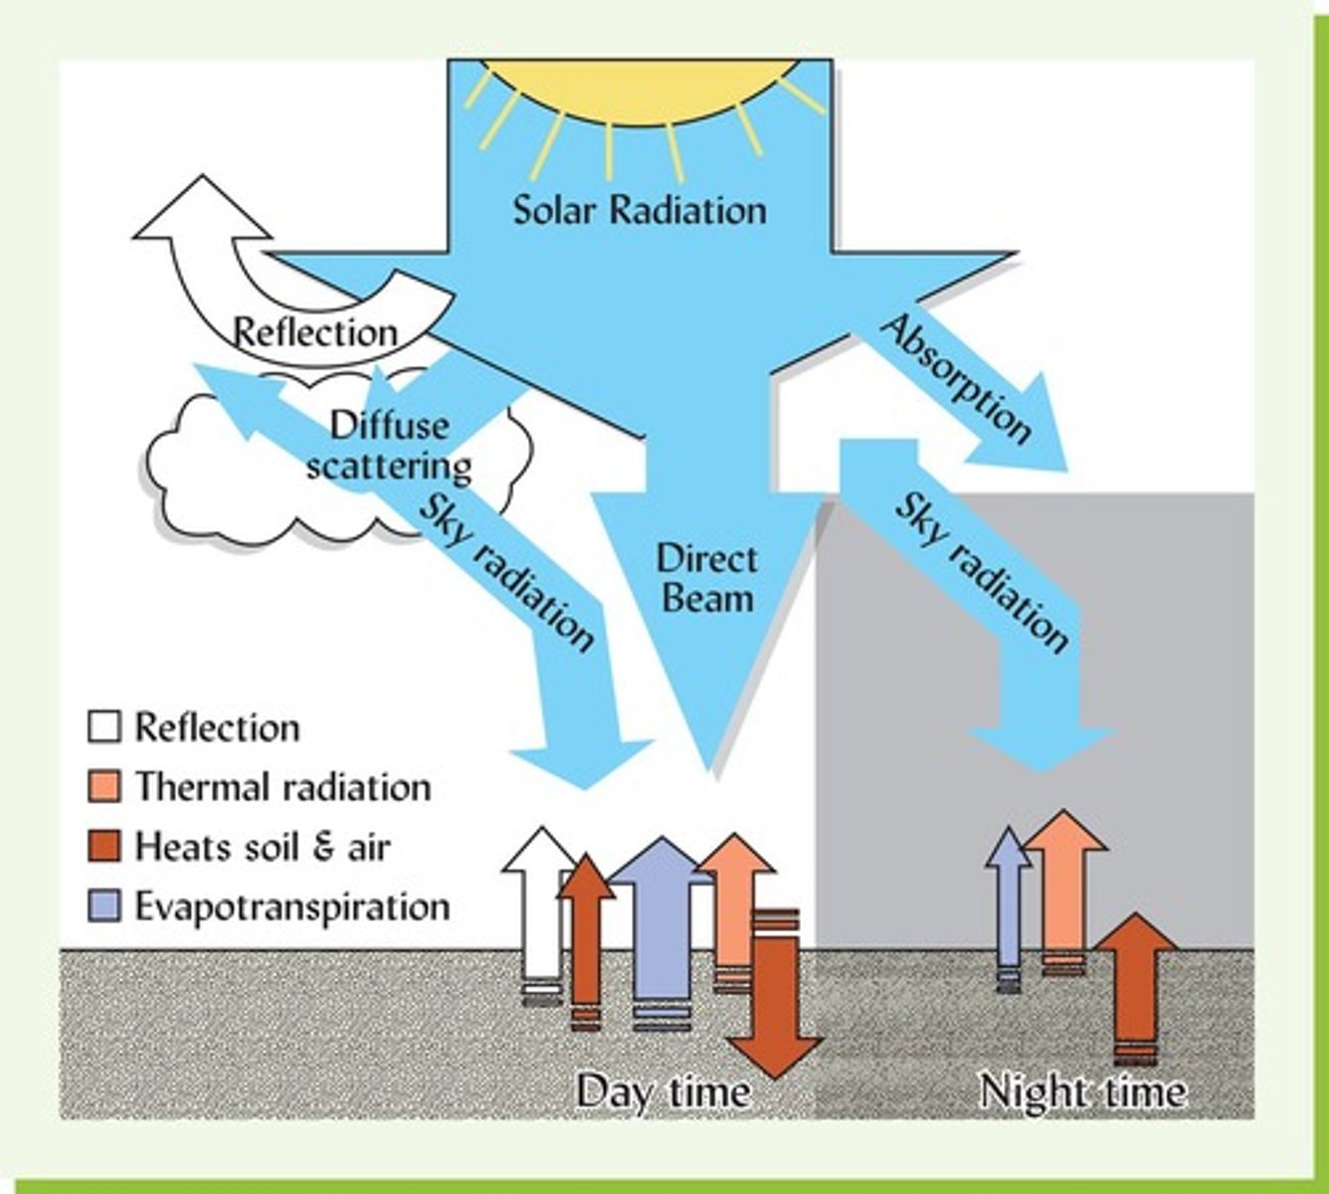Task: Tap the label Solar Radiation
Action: [x=640, y=210]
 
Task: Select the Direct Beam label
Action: [x=705, y=578]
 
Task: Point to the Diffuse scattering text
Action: [x=389, y=445]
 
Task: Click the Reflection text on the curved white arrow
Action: [x=314, y=332]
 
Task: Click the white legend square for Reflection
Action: [x=104, y=727]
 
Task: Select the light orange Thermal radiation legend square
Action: [x=104, y=787]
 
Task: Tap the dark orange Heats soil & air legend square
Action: [x=104, y=847]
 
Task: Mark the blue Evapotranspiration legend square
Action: [x=104, y=906]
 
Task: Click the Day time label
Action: [x=664, y=1092]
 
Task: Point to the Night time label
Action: [x=1082, y=1092]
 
